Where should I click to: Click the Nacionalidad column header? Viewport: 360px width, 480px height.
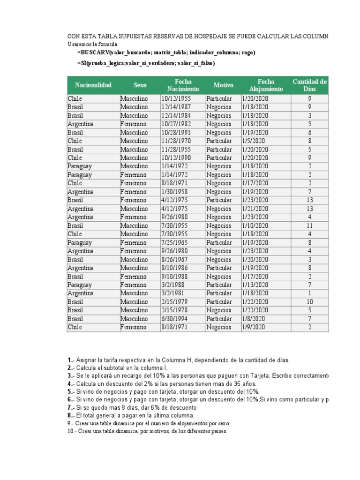[x=93, y=85]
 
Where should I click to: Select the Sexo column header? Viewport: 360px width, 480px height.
[x=140, y=85]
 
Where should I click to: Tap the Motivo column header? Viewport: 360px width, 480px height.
[x=223, y=85]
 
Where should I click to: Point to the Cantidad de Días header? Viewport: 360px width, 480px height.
[x=309, y=85]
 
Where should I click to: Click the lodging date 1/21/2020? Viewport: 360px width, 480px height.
[x=255, y=209]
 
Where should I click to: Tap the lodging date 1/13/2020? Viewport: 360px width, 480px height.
[x=255, y=285]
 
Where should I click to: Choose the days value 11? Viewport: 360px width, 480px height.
[x=309, y=225]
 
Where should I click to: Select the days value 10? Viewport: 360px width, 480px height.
[x=309, y=302]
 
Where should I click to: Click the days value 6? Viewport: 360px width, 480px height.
[x=309, y=133]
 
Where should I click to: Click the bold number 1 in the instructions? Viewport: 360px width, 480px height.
[x=69, y=360]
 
